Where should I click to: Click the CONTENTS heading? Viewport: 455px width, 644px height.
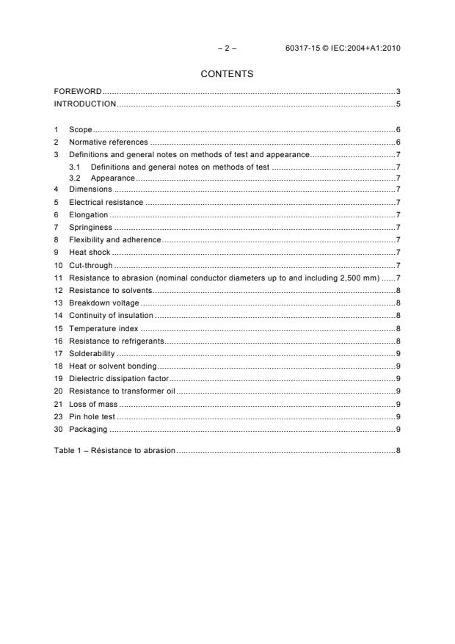coord(227,74)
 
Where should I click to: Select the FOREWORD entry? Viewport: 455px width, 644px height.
coord(78,92)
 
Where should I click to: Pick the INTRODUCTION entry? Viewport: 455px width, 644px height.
coord(85,104)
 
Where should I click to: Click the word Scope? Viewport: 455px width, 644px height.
coord(80,130)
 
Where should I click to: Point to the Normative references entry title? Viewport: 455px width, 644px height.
coord(108,142)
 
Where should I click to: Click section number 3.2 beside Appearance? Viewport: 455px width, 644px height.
coord(74,178)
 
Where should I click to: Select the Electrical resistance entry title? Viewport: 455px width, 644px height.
coord(106,202)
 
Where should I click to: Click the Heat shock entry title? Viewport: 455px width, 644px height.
coord(90,251)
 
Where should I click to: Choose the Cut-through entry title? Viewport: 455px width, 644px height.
coord(91,264)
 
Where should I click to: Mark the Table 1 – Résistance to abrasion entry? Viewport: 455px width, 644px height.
coord(114,449)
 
